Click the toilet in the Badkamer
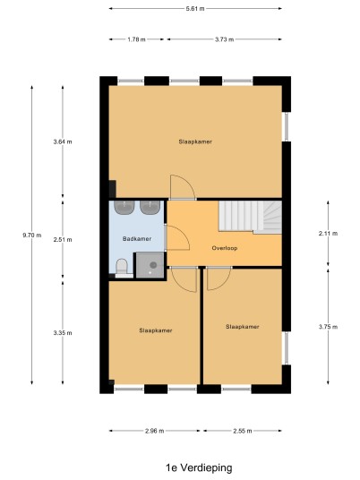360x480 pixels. [122, 268]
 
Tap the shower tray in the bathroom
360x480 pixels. [150, 265]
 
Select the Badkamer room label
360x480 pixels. [137, 239]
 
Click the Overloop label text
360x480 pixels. [225, 248]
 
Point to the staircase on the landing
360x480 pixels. [250, 218]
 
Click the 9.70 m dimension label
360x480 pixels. [32, 236]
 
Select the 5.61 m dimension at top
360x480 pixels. [195, 9]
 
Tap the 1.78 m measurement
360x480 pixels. [136, 39]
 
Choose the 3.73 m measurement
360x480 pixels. [225, 39]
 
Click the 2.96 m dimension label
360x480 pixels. [155, 431]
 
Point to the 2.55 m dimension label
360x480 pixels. [243, 431]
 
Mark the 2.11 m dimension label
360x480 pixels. [328, 233]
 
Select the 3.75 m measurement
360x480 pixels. [328, 327]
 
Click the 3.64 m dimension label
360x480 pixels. [63, 141]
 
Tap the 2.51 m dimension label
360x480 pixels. [63, 240]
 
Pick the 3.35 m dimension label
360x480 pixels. [63, 333]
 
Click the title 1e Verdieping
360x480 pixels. [199, 467]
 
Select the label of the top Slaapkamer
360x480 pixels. [195, 141]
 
